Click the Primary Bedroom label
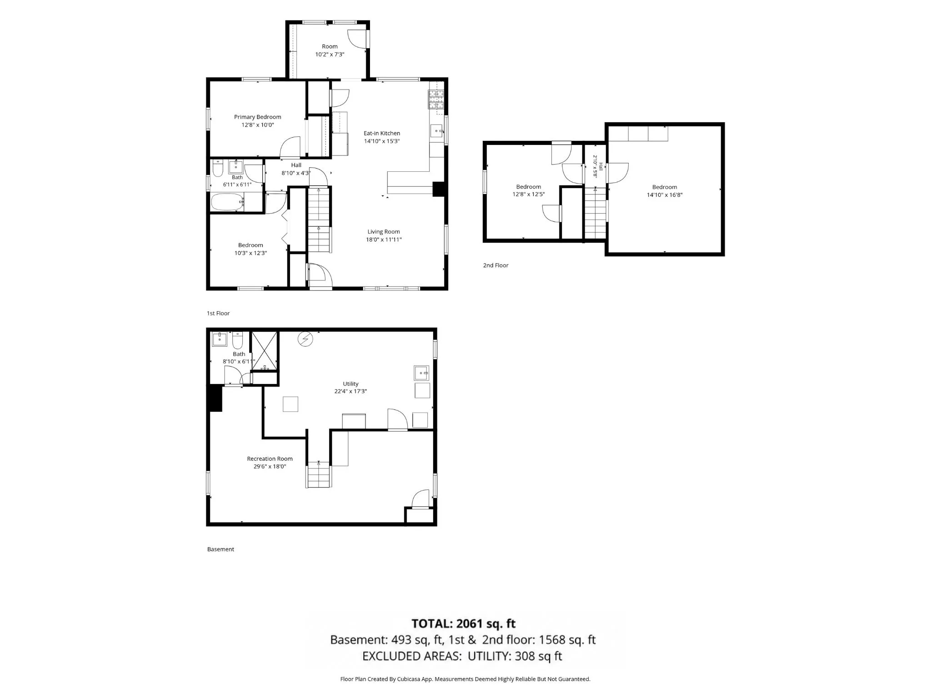pyautogui.click(x=257, y=117)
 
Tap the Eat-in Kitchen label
pyautogui.click(x=382, y=133)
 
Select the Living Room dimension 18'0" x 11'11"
pyautogui.click(x=384, y=239)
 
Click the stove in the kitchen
pyautogui.click(x=435, y=100)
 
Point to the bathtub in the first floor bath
pyautogui.click(x=227, y=202)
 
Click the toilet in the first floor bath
pyautogui.click(x=217, y=169)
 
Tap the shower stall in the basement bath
pyautogui.click(x=264, y=351)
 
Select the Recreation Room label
pyautogui.click(x=270, y=459)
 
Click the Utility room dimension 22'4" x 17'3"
pyautogui.click(x=350, y=391)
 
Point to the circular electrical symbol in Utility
pyautogui.click(x=305, y=339)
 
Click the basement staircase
pyautogui.click(x=318, y=474)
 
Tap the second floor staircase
pyautogui.click(x=595, y=213)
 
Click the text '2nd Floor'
pyautogui.click(x=496, y=265)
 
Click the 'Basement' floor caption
pyautogui.click(x=220, y=549)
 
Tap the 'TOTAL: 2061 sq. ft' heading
pyautogui.click(x=463, y=623)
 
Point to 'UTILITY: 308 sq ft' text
pyautogui.click(x=515, y=656)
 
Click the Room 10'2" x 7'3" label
pyautogui.click(x=330, y=50)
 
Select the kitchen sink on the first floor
pyautogui.click(x=437, y=131)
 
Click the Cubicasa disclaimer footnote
pyautogui.click(x=465, y=679)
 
